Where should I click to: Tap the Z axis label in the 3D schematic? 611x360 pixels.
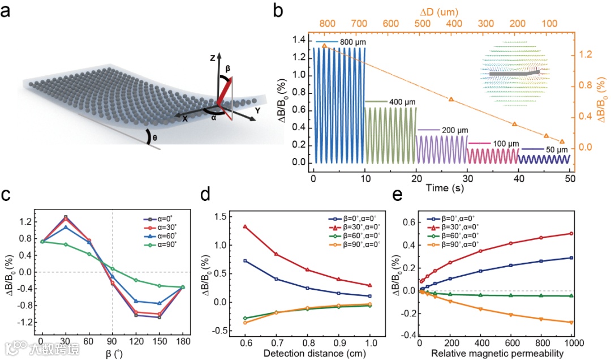(210, 58)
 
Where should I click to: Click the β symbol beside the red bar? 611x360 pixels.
(228, 67)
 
